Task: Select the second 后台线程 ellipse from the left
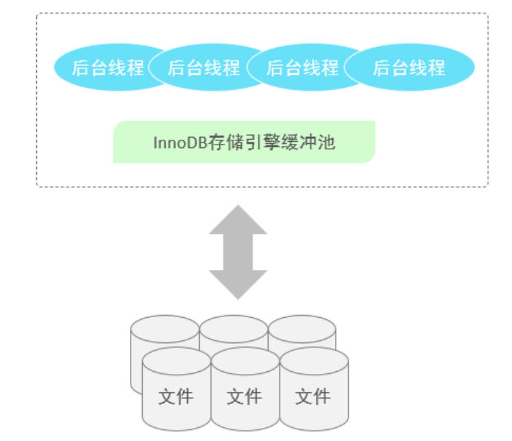[x=204, y=67]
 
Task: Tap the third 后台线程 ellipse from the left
[x=302, y=67]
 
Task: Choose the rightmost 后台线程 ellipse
[x=409, y=67]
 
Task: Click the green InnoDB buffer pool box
[x=244, y=142]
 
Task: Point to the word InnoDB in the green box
[x=176, y=143]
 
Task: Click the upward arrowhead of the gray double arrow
[x=238, y=219]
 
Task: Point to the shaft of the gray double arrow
[x=238, y=252]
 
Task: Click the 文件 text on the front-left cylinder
[x=176, y=396]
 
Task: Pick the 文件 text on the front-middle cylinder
[x=245, y=396]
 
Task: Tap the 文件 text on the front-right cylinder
[x=313, y=396]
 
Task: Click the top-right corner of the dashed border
[x=487, y=14]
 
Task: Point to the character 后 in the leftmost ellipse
[x=81, y=67]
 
